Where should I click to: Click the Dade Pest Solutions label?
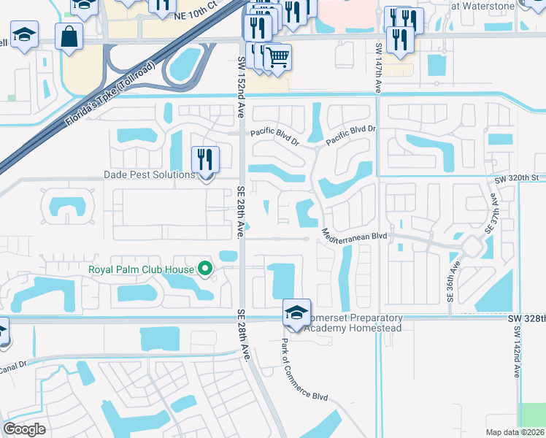[x=149, y=175]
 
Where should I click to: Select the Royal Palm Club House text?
[x=140, y=269]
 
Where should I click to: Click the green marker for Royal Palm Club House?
[x=205, y=269]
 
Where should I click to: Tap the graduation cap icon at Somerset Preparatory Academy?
[x=296, y=312]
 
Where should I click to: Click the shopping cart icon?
[x=277, y=57]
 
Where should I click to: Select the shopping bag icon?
[x=69, y=37]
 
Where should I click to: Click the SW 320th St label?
[x=520, y=178]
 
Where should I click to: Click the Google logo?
[x=24, y=429]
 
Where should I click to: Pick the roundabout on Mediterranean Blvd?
[x=471, y=246]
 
